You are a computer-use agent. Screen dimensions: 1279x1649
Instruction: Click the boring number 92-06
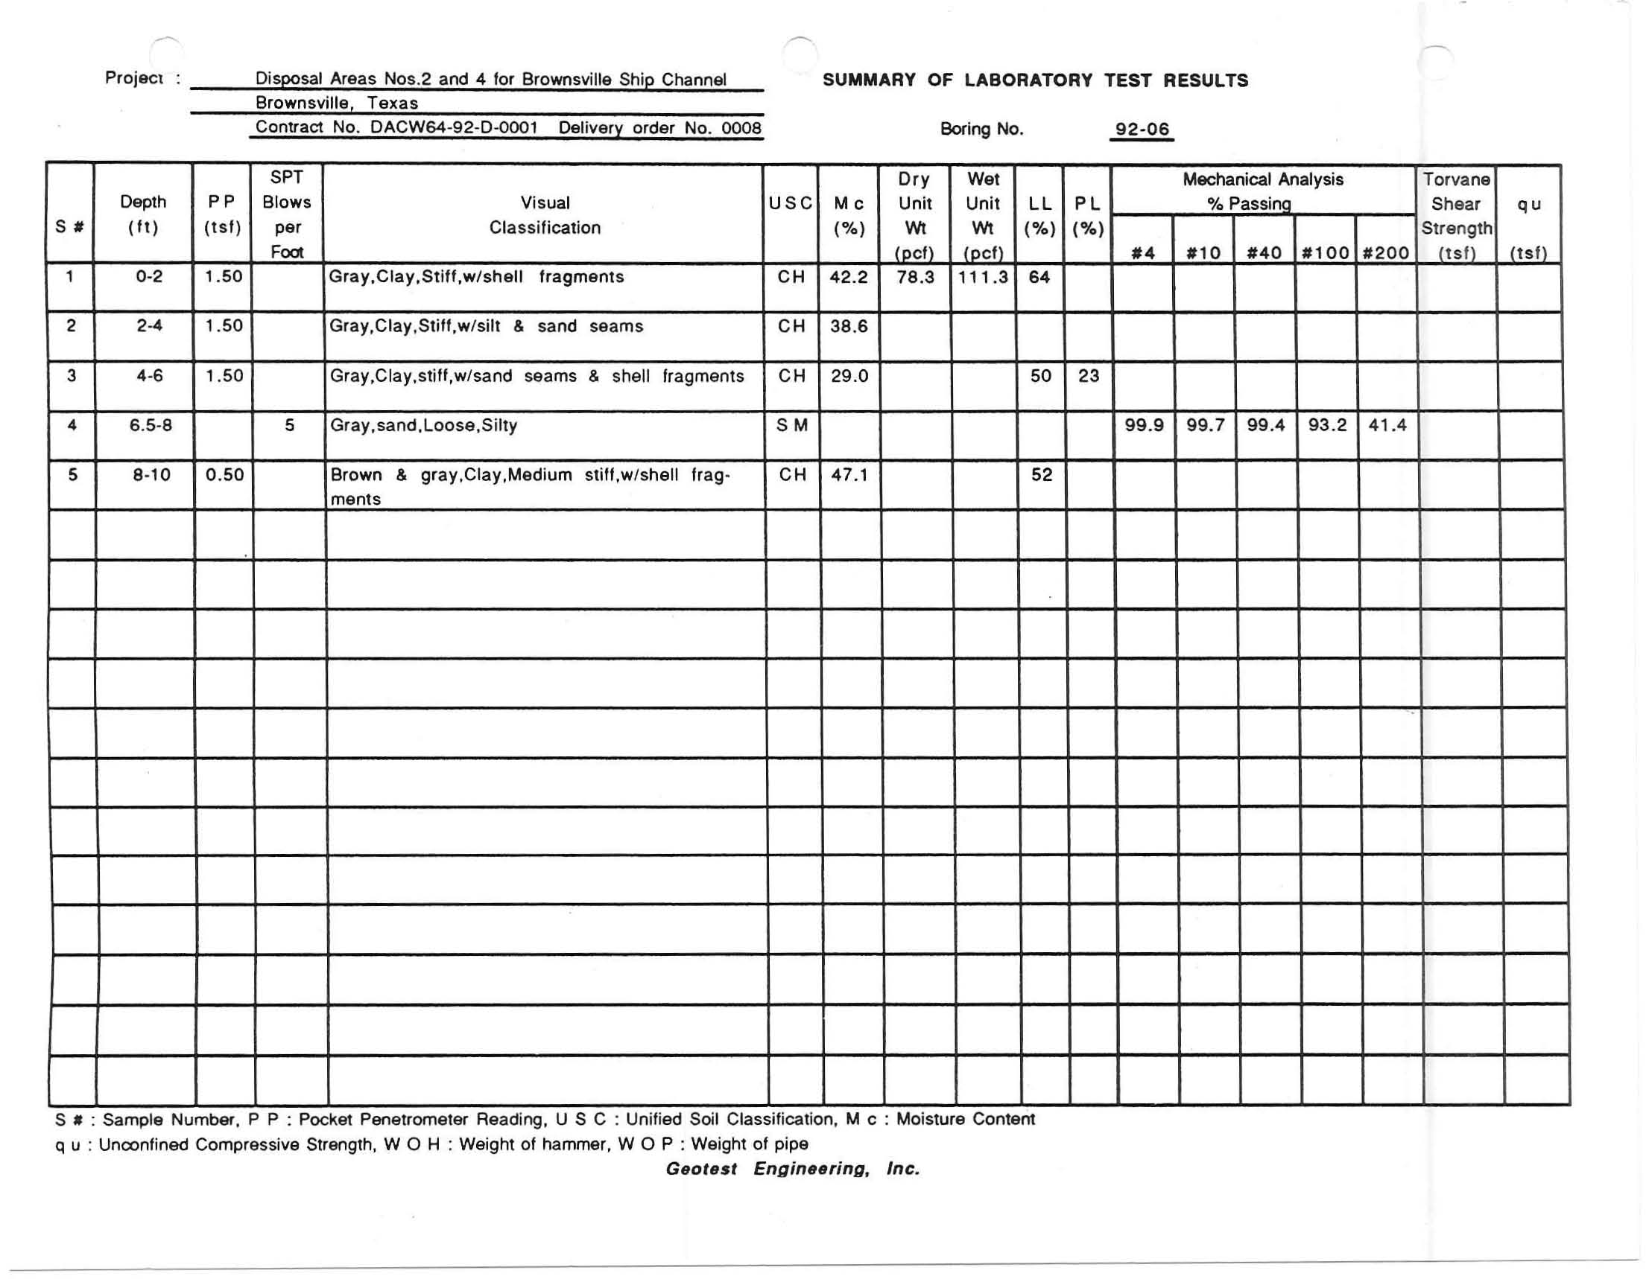point(1142,129)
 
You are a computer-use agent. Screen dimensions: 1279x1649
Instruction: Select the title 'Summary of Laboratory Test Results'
point(1034,80)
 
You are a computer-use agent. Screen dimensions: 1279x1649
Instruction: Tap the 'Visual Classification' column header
point(545,215)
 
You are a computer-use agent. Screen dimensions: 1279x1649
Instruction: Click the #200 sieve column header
point(1385,253)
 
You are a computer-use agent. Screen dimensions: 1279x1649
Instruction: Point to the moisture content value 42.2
point(849,277)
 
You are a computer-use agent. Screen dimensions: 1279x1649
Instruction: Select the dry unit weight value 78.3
point(915,277)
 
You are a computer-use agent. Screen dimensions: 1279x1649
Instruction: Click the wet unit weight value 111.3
point(982,277)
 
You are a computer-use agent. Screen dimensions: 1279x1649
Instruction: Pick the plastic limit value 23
point(1088,376)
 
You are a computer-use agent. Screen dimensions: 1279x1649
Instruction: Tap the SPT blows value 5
point(289,426)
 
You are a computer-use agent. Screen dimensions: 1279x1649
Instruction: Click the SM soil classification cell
point(791,426)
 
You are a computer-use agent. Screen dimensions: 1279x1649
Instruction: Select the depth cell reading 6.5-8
point(151,426)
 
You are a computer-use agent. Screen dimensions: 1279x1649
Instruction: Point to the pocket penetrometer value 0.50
point(224,475)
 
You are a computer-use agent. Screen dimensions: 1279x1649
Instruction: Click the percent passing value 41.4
point(1387,426)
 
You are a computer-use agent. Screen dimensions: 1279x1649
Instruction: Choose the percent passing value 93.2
point(1326,426)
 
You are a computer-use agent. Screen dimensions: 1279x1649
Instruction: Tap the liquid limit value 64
point(1039,277)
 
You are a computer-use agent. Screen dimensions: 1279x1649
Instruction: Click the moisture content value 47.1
point(849,475)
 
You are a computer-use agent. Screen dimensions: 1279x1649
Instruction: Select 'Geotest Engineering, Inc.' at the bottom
point(792,1169)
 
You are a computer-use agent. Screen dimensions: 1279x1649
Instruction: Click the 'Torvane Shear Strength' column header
point(1456,215)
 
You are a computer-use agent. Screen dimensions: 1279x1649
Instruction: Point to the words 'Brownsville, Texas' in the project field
point(336,103)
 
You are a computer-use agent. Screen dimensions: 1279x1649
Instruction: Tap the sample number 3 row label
point(71,376)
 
